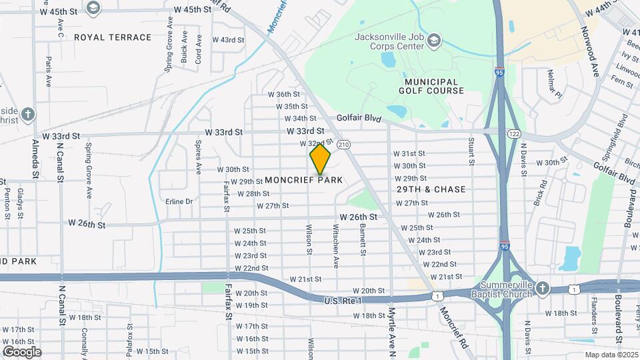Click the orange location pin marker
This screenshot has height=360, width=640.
pyautogui.click(x=320, y=159)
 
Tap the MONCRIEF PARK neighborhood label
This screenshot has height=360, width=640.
pyautogui.click(x=304, y=180)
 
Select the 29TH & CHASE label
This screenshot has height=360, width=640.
pyautogui.click(x=431, y=189)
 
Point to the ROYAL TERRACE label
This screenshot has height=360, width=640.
pyautogui.click(x=113, y=37)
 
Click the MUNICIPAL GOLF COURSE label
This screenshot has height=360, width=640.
pyautogui.click(x=431, y=85)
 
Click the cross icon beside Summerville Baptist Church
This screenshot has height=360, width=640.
pyautogui.click(x=543, y=288)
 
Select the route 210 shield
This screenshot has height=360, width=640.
pyautogui.click(x=343, y=144)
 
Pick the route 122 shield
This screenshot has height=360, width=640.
pyautogui.click(x=514, y=134)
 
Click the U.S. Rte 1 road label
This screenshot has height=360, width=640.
pyautogui.click(x=343, y=301)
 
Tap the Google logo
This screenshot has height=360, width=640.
pyautogui.click(x=21, y=351)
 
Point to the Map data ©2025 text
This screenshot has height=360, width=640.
pyautogui.click(x=611, y=354)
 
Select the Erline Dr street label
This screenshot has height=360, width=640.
pyautogui.click(x=179, y=201)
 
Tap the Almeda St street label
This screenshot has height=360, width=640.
pyautogui.click(x=35, y=158)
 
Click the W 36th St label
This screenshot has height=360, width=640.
pyautogui.click(x=283, y=95)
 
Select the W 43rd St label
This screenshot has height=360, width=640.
pyautogui.click(x=229, y=40)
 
